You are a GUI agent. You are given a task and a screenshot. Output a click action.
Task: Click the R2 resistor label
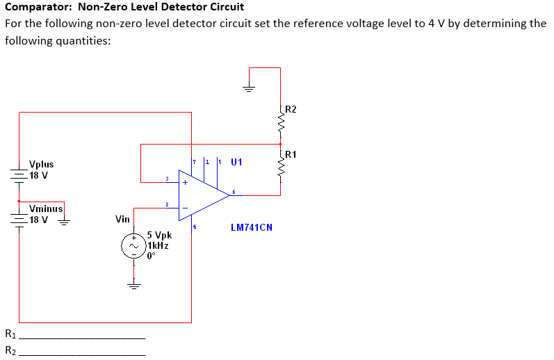pos(291,109)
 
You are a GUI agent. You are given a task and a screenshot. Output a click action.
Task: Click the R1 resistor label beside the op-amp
pos(291,154)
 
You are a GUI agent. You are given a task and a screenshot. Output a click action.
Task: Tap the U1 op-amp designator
pos(236,163)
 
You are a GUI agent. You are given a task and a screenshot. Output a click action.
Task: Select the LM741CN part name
pos(251,227)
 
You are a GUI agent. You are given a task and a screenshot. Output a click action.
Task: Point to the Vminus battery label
pos(46,208)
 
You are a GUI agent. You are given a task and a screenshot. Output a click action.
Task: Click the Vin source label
pos(122,220)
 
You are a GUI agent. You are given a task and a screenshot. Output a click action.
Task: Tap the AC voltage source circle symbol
pos(133,245)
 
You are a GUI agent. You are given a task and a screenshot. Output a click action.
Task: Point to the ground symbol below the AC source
pos(133,284)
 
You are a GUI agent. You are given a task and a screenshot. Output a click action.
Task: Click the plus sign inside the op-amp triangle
pos(185,183)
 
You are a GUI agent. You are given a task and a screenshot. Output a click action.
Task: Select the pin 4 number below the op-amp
pos(195,226)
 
